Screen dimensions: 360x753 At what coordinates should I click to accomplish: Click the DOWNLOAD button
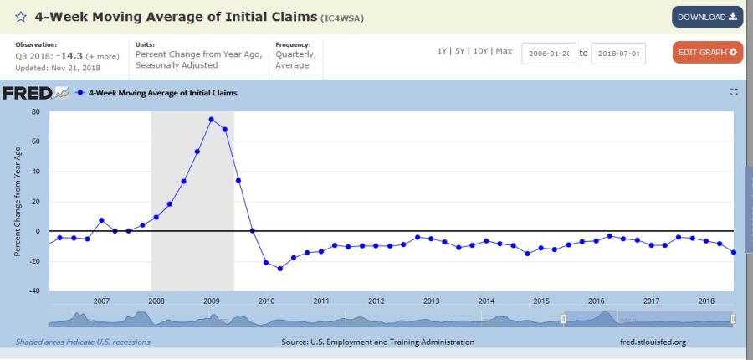pyautogui.click(x=707, y=17)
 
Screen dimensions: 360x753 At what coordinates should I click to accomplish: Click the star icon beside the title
pyautogui.click(x=20, y=17)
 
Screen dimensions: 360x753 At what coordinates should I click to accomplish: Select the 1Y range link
pyautogui.click(x=443, y=51)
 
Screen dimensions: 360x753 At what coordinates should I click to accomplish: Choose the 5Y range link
pyautogui.click(x=461, y=51)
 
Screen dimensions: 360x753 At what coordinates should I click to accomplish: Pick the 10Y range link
pyautogui.click(x=481, y=51)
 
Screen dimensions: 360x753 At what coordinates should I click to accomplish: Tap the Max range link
pyautogui.click(x=504, y=51)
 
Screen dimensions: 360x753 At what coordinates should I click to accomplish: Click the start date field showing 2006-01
pyautogui.click(x=548, y=53)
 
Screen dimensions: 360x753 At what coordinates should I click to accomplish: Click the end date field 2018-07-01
pyautogui.click(x=617, y=53)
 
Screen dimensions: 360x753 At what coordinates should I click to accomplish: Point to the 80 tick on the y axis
pyautogui.click(x=36, y=111)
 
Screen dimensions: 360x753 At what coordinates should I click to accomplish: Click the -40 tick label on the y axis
pyautogui.click(x=34, y=291)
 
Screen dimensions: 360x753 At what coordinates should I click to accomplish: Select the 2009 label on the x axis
pyautogui.click(x=212, y=301)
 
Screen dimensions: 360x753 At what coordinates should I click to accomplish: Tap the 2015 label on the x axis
pyautogui.click(x=541, y=301)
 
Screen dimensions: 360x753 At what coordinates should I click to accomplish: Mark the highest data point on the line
pyautogui.click(x=211, y=119)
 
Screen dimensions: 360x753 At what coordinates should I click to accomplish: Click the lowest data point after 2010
pyautogui.click(x=279, y=268)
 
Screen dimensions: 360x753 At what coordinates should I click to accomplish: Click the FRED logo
pyautogui.click(x=28, y=93)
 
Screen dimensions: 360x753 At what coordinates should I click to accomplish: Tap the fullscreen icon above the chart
pyautogui.click(x=734, y=92)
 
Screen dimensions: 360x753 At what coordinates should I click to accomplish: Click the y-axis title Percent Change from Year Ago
pyautogui.click(x=18, y=201)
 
